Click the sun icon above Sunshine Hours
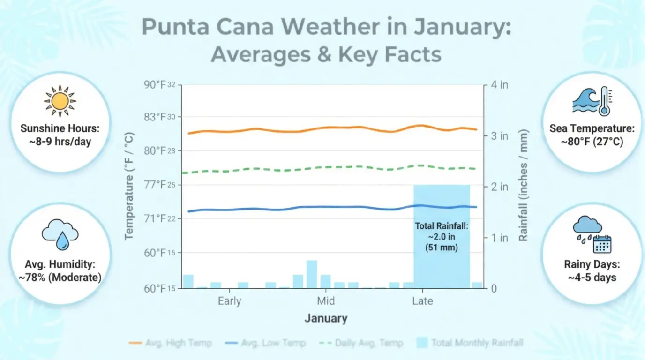pyautogui.click(x=60, y=101)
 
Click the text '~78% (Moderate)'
pyautogui.click(x=60, y=277)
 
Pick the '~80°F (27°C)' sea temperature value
pyautogui.click(x=592, y=141)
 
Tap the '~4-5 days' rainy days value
pyautogui.click(x=592, y=277)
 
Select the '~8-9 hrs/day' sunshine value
pyautogui.click(x=60, y=141)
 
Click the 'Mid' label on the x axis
pyautogui.click(x=326, y=301)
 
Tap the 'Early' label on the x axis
pyautogui.click(x=229, y=301)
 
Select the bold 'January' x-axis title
pyautogui.click(x=326, y=319)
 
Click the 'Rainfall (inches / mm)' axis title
pyautogui.click(x=523, y=186)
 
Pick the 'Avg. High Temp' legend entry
pyautogui.click(x=170, y=343)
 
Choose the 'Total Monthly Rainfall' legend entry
pyautogui.click(x=470, y=343)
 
